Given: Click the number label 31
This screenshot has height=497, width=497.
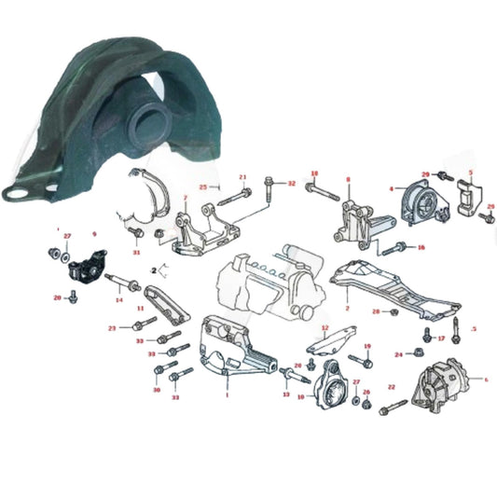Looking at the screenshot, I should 136,252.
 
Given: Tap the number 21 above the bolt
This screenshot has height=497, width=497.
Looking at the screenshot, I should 242,177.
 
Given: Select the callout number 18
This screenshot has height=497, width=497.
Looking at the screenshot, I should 314,173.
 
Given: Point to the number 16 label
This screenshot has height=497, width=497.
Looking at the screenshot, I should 421,248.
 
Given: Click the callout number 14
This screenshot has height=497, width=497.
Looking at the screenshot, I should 118,299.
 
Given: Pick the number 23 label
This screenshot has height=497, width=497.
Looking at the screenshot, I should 112,328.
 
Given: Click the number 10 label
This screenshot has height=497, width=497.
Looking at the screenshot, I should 300,396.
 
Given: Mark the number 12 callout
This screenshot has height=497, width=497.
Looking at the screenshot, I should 324,328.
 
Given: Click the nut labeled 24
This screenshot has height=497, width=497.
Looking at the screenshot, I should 413,353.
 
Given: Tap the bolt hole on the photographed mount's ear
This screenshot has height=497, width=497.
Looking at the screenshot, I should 15,195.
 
